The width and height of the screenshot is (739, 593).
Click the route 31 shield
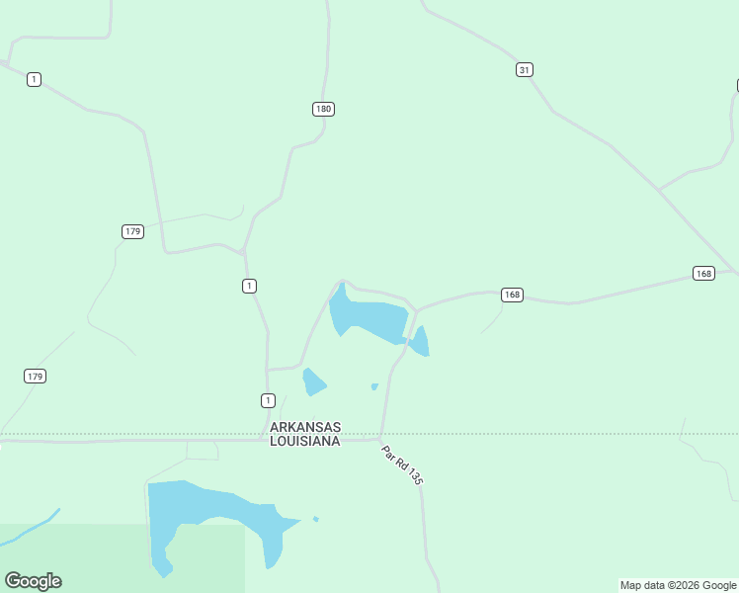click(525, 69)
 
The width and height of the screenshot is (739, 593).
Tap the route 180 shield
click(323, 109)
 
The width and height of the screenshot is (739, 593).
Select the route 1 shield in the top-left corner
click(34, 79)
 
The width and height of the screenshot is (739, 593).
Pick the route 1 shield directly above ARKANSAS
click(268, 400)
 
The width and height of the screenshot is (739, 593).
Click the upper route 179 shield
click(133, 231)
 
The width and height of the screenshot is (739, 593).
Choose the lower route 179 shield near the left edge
click(35, 377)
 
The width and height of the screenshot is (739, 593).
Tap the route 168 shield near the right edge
click(703, 274)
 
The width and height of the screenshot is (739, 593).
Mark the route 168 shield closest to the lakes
click(512, 295)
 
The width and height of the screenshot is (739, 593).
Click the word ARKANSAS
click(305, 427)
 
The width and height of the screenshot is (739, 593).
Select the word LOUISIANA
click(305, 441)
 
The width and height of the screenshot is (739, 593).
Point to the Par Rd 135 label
click(402, 465)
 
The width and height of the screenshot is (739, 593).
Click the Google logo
click(33, 581)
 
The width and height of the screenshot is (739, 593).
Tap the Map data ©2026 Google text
click(678, 585)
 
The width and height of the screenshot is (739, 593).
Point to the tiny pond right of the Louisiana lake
click(315, 519)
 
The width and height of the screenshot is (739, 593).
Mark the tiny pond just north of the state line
click(374, 386)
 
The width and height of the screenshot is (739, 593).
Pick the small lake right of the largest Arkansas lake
click(420, 342)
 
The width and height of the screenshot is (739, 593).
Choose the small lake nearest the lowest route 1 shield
click(314, 381)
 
